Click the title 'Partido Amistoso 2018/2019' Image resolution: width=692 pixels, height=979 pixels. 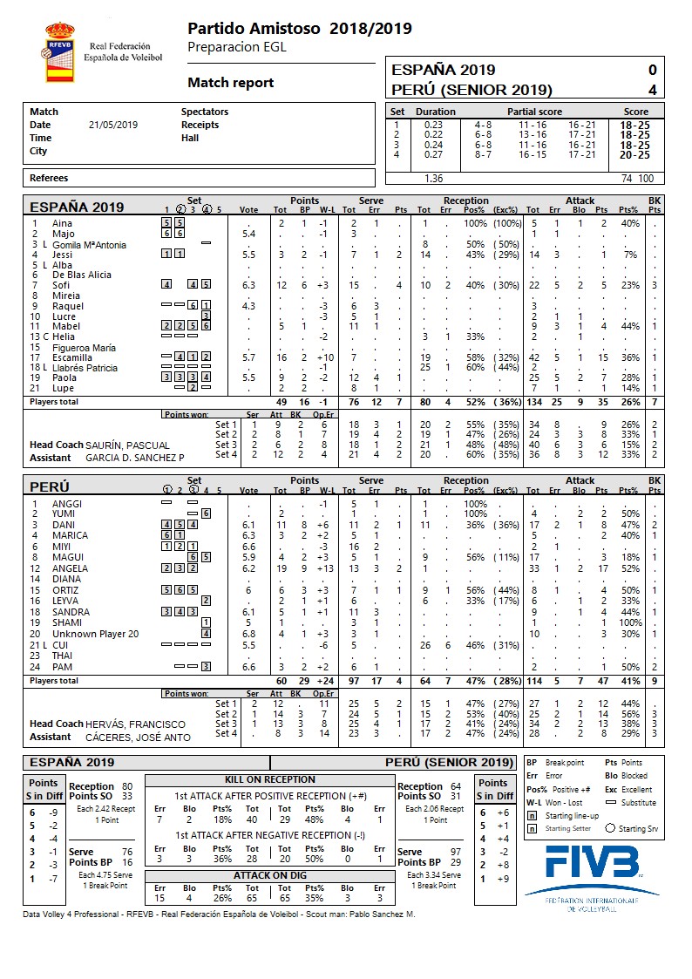click(300, 29)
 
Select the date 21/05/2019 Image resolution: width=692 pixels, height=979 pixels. click(113, 125)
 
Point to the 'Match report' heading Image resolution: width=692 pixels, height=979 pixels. click(231, 83)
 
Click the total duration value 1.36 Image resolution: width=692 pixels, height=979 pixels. click(433, 178)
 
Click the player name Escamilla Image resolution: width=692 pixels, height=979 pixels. click(73, 357)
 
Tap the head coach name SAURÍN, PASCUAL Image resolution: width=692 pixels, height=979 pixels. click(128, 445)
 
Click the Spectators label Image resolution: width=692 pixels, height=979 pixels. click(205, 112)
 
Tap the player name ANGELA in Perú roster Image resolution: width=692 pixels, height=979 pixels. click(71, 568)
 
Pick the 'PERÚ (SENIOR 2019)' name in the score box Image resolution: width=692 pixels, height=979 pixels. click(472, 90)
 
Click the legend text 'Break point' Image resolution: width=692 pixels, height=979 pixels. click(565, 763)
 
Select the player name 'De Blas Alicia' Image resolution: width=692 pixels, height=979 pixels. click(82, 275)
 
